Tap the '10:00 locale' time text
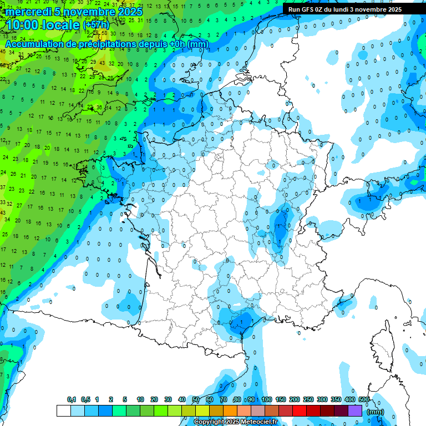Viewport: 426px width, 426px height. point(42,25)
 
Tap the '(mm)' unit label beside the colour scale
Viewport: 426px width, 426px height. point(376,412)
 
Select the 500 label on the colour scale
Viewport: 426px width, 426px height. point(364,400)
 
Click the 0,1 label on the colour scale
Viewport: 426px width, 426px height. point(72,400)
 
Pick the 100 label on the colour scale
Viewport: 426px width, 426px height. point(267,400)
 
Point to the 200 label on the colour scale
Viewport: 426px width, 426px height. point(295,400)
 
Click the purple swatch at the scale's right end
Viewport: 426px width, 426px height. point(355,411)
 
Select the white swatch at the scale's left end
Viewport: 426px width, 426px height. point(63,411)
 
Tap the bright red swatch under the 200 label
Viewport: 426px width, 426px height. point(300,411)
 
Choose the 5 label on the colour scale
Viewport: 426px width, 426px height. point(125,400)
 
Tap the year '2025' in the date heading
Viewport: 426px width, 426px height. point(130,12)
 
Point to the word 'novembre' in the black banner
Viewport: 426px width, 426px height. point(372,9)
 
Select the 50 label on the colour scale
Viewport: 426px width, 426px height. point(196,400)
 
